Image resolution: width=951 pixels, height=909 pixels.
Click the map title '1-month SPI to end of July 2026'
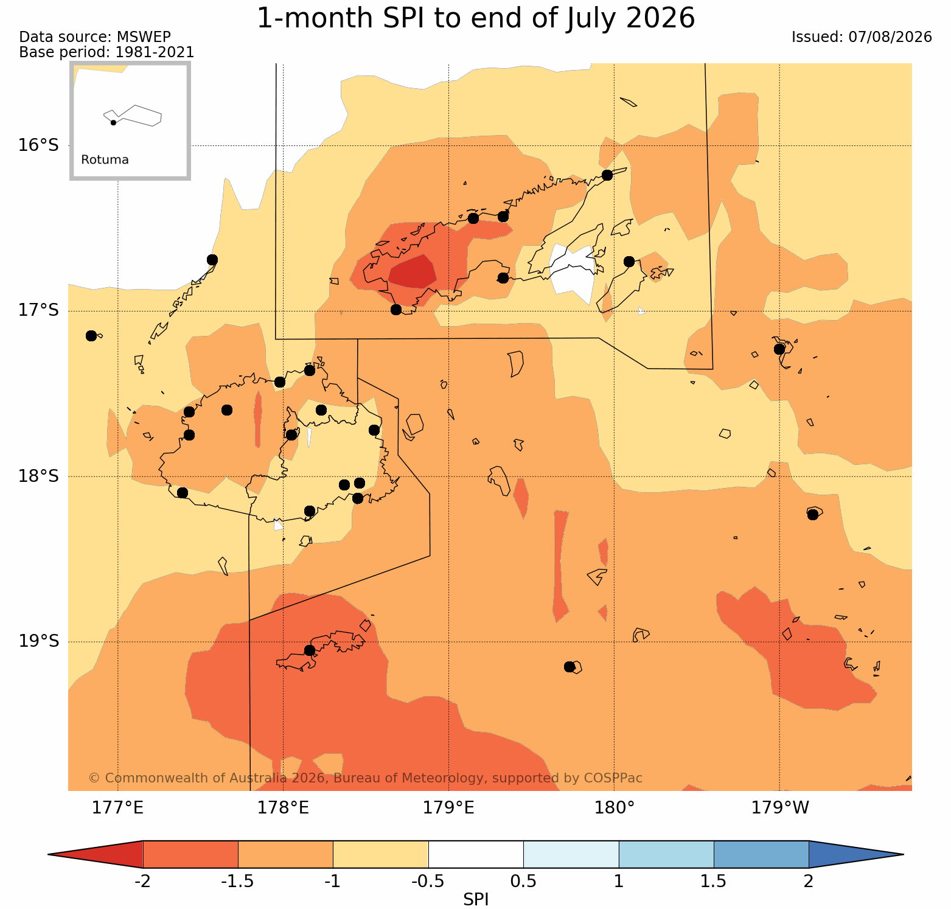coord(476,18)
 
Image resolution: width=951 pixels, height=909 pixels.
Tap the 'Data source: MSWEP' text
coord(95,37)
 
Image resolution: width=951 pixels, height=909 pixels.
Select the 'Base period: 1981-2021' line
coord(107,52)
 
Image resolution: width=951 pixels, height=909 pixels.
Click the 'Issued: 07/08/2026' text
coord(862,37)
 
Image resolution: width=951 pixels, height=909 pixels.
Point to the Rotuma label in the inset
coord(105,160)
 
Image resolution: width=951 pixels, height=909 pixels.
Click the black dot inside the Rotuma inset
coord(113,123)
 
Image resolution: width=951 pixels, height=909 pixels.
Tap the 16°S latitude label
coord(38,145)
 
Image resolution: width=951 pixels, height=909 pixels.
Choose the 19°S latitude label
coord(38,641)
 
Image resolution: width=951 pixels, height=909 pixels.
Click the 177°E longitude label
coord(117,808)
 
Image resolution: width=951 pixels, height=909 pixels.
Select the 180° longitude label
coord(615,808)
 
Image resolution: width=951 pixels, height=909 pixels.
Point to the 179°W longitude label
coord(780,808)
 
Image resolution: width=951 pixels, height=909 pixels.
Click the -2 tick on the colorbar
coord(142,881)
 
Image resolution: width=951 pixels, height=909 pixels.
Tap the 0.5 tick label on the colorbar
coord(524,881)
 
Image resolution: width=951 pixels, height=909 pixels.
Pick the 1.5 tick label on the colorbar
coord(714,881)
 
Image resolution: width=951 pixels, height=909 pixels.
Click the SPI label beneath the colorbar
coord(476,899)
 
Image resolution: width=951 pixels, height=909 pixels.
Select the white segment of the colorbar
coord(476,854)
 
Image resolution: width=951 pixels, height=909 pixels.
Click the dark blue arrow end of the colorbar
coord(852,854)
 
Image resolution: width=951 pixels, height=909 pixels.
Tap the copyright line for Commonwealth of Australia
coord(365,778)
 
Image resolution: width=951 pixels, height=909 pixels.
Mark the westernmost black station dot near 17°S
coord(91,336)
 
